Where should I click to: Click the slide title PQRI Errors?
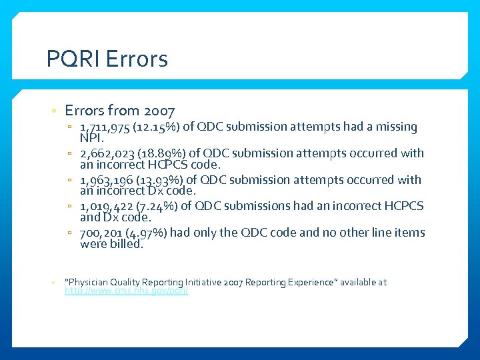107,60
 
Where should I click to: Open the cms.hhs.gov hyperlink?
127,291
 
